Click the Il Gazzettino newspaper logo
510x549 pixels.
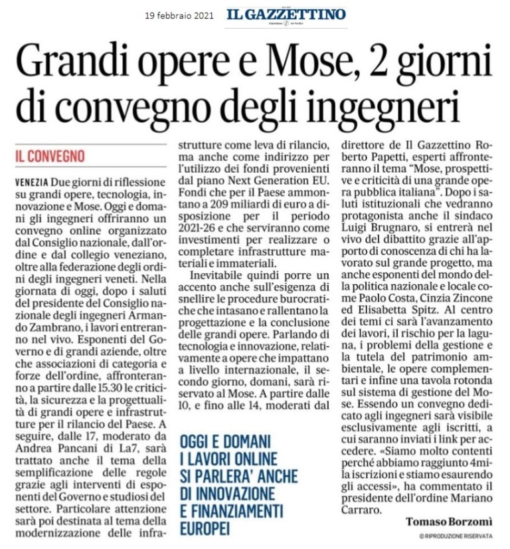click(x=286, y=15)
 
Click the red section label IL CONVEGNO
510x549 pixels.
click(x=51, y=157)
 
